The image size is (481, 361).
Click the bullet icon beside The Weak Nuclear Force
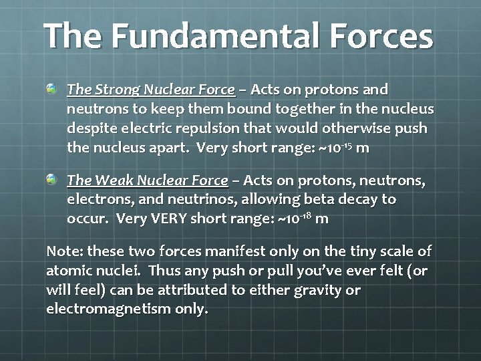52,180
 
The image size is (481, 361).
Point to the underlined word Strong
115,90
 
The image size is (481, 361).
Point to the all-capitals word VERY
181,219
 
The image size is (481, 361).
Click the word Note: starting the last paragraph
65,252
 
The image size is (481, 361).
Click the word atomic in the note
67,271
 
